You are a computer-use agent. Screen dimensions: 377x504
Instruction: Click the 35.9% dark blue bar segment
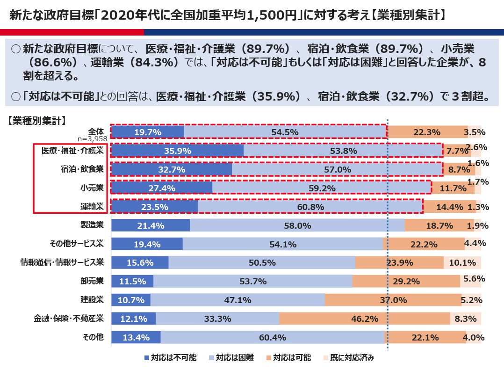pos(177,151)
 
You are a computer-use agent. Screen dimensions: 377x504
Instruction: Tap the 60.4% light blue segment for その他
pos(272,338)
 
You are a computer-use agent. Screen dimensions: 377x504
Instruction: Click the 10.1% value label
pos(462,263)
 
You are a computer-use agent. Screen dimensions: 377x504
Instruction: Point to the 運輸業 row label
pos(92,206)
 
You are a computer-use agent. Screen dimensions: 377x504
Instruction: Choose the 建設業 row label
pos(92,300)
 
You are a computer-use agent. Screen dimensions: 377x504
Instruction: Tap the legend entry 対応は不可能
pos(171,358)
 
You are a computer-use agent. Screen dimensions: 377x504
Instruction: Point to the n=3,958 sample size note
pos(93,138)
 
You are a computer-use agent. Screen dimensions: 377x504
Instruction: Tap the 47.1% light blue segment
pos(238,300)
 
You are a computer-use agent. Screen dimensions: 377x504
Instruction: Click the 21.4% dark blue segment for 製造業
pos(151,225)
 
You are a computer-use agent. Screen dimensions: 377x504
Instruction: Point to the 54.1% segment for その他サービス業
pos(282,244)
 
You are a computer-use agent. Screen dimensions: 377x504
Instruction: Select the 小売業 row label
pos(92,188)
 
